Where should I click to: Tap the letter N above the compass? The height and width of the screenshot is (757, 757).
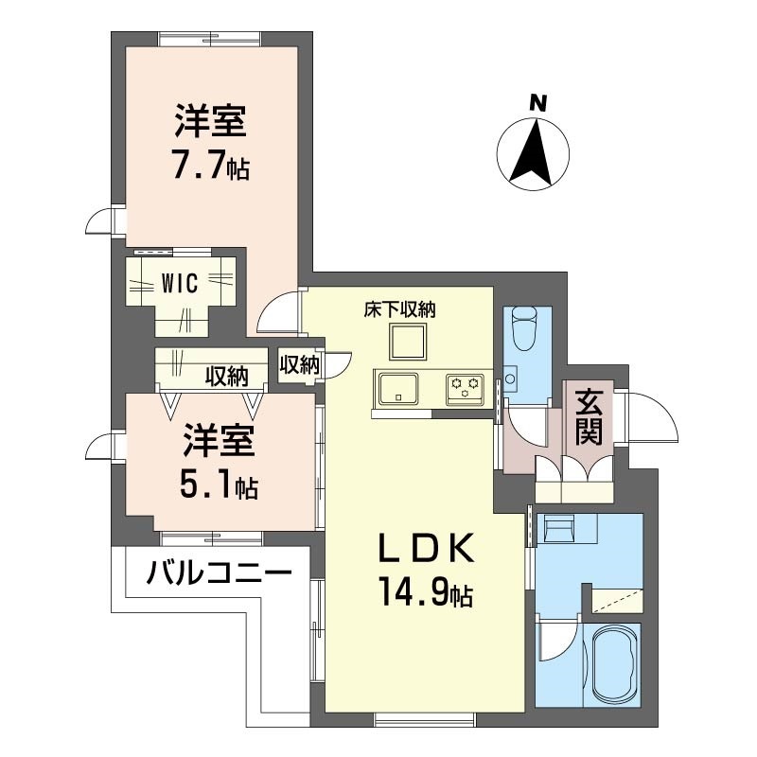point(537,103)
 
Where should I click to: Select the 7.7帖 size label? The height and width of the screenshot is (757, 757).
point(210,166)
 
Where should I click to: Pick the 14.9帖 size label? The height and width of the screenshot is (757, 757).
point(426,594)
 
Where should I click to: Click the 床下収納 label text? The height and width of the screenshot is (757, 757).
point(399,308)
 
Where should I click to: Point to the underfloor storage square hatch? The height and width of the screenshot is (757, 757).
point(405,342)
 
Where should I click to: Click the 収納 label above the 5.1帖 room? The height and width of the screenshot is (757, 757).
point(227,377)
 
